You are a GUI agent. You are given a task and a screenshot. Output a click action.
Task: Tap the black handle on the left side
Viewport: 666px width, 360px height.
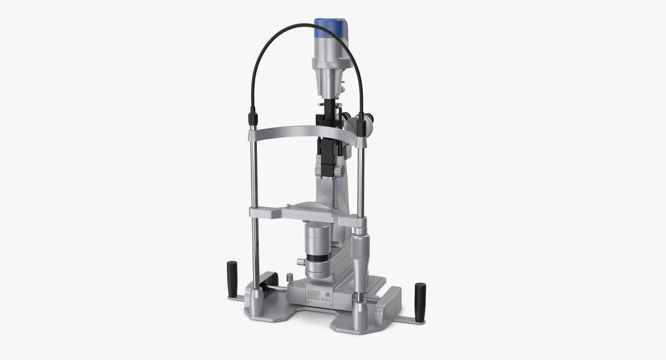click(x=232, y=279)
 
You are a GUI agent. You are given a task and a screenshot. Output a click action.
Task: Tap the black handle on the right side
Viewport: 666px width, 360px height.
click(x=420, y=301)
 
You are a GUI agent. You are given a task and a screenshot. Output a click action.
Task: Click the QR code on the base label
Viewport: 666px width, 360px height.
click(x=327, y=295)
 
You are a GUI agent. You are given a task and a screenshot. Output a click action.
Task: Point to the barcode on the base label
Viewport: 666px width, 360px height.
click(x=326, y=300)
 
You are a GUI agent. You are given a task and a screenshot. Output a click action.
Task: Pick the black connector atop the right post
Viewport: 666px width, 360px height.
click(x=361, y=125)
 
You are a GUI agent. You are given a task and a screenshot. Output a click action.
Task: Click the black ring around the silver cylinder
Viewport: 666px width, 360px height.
click(x=318, y=258)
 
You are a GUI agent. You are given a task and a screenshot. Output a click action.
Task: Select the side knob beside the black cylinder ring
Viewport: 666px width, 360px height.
click(x=300, y=262)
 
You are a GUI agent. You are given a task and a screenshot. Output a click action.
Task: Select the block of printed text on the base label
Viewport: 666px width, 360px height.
click(x=314, y=294)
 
